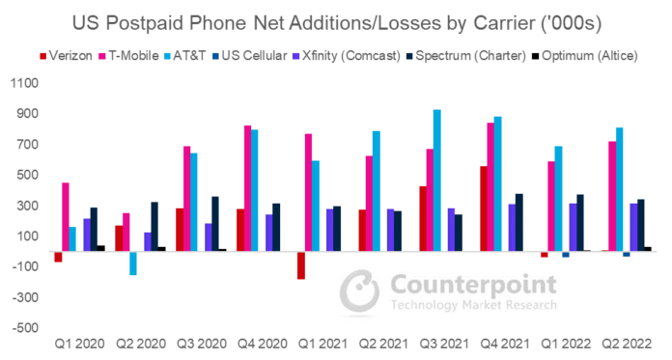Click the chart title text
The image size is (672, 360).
click(x=337, y=23)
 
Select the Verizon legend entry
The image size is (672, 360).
click(x=66, y=56)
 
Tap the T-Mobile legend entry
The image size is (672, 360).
click(x=128, y=56)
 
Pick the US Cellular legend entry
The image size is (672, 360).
click(x=249, y=56)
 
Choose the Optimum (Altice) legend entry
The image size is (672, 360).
click(x=584, y=56)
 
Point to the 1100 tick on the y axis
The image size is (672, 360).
click(x=24, y=83)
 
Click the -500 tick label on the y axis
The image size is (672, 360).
click(x=25, y=328)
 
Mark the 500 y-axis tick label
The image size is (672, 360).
click(x=27, y=175)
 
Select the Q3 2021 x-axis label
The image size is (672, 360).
click(x=444, y=344)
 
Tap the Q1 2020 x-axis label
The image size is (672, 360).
click(x=80, y=344)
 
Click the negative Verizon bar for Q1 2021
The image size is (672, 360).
click(x=301, y=265)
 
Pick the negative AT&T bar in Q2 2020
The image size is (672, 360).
click(x=133, y=263)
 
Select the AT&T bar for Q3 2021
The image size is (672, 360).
click(x=437, y=180)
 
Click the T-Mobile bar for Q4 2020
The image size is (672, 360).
click(x=248, y=188)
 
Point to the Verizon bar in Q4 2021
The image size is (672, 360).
click(x=484, y=208)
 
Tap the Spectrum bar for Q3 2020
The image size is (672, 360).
click(x=215, y=224)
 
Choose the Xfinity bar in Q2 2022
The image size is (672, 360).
click(x=633, y=228)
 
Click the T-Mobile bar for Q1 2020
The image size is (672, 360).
click(x=66, y=217)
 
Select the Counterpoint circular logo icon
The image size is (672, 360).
click(x=359, y=291)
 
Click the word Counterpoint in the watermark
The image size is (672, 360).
click(x=473, y=285)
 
